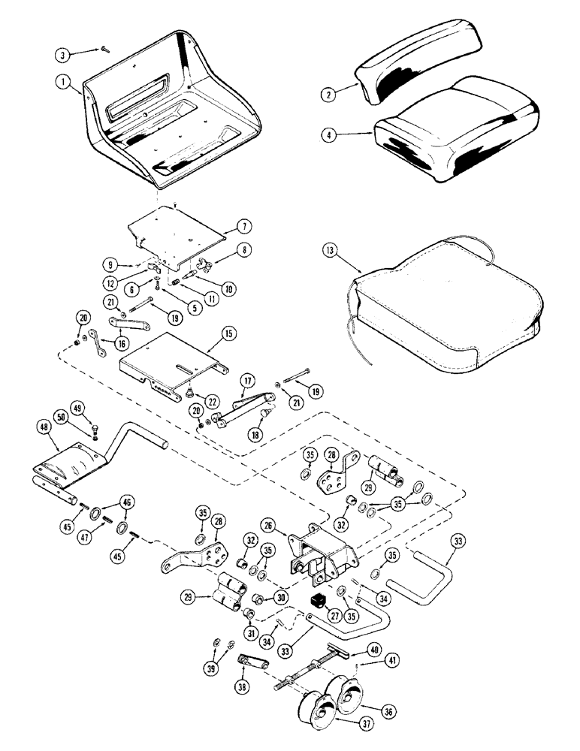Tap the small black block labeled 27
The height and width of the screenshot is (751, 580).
tap(316, 601)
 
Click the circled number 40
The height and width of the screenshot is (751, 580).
tap(373, 648)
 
